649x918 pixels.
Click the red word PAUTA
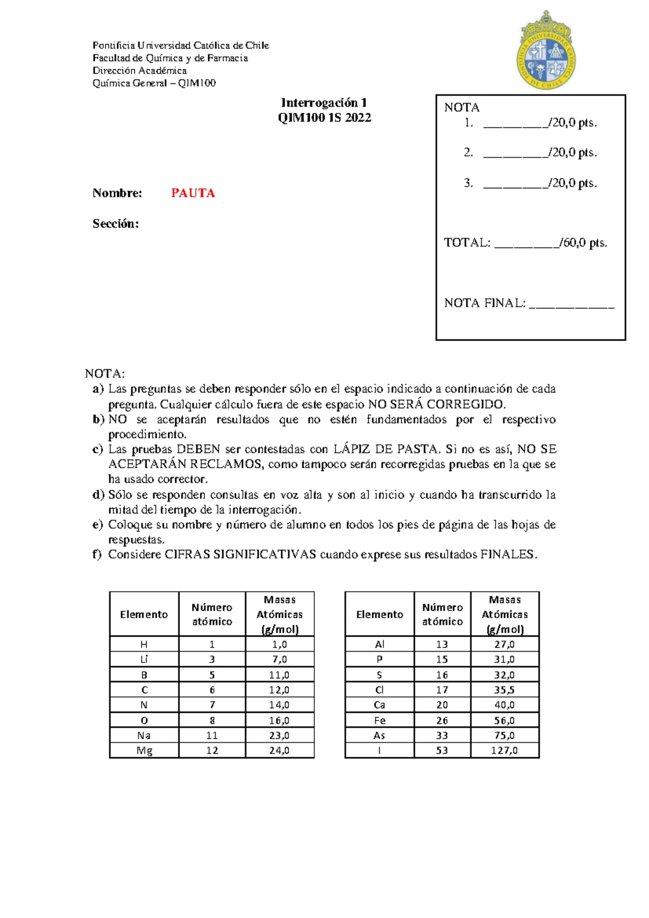tap(193, 193)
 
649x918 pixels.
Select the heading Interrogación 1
tap(324, 103)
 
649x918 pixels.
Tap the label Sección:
tap(116, 224)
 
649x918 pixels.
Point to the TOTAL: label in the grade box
tap(467, 242)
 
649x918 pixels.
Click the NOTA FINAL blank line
tap(571, 304)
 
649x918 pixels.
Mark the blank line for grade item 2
tap(515, 154)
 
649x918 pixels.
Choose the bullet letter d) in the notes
tap(98, 495)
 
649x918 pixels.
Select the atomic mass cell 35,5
tap(504, 690)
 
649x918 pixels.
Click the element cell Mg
tap(144, 750)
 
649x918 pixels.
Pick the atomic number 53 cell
tap(442, 750)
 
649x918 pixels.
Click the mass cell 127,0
tap(504, 750)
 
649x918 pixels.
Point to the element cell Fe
tap(379, 720)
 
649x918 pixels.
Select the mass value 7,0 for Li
tap(280, 659)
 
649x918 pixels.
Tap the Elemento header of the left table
tap(144, 614)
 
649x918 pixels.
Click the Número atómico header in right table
tap(442, 614)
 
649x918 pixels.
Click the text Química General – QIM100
tap(154, 83)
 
